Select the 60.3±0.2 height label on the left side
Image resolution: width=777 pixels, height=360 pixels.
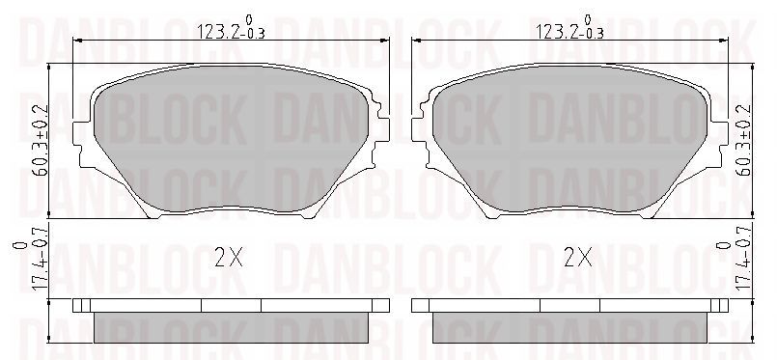(42, 140)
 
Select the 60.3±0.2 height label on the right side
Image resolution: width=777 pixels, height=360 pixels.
(744, 140)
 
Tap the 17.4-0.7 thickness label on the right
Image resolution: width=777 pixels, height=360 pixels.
(735, 258)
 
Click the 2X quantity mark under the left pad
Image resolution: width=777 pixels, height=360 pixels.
(229, 257)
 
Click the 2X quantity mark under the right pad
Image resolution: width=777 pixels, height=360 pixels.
(579, 257)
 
